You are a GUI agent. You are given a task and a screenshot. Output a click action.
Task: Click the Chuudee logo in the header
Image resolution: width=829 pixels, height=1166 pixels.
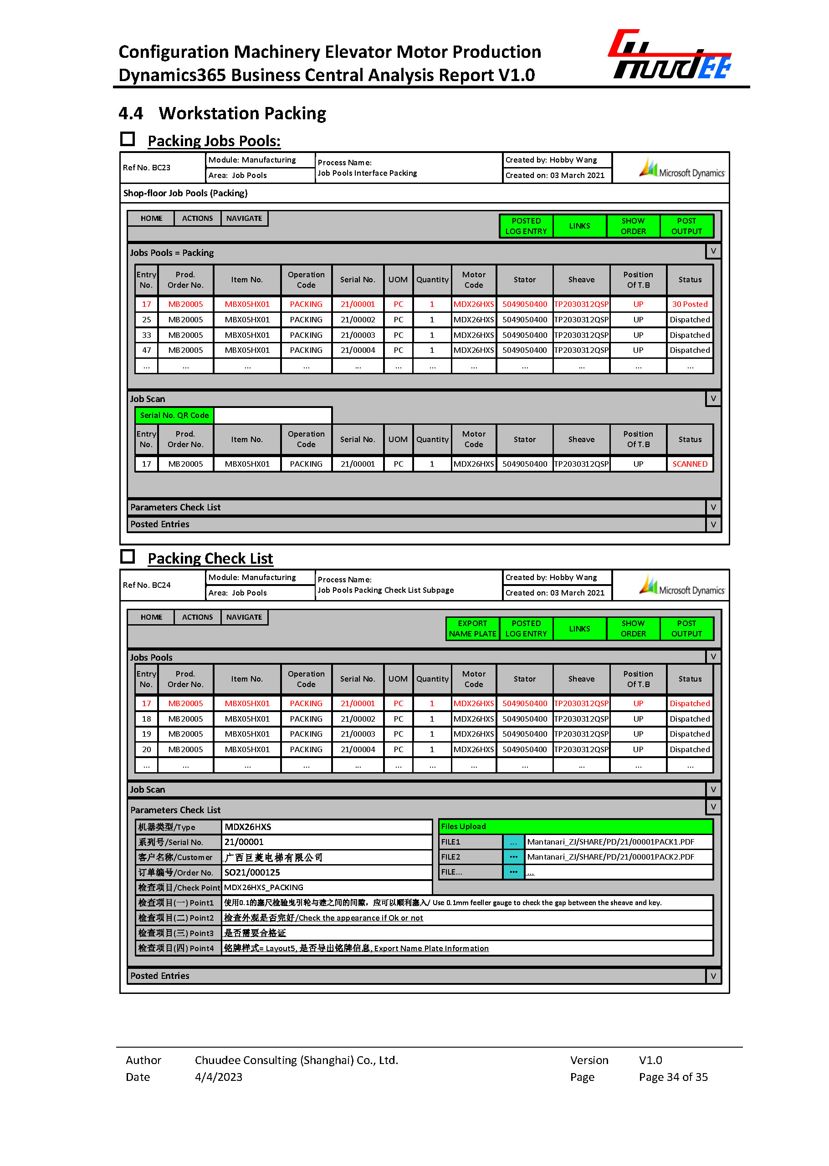click(x=670, y=55)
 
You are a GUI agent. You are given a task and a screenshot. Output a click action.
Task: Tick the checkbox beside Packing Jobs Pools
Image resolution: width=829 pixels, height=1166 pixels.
click(x=128, y=139)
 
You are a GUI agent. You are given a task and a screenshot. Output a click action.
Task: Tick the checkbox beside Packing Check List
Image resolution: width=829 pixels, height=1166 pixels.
click(x=128, y=556)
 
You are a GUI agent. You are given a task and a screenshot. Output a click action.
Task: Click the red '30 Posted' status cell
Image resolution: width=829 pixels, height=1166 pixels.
click(x=690, y=304)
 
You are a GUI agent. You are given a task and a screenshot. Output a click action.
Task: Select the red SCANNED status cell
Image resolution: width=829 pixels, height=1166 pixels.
click(x=690, y=464)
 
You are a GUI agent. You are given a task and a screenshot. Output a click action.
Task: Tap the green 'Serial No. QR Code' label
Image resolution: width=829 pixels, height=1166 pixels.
click(x=174, y=415)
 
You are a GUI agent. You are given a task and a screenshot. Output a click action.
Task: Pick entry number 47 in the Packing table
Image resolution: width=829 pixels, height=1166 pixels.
click(x=147, y=351)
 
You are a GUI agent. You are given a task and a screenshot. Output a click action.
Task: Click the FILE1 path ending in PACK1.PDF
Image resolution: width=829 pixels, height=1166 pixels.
click(x=610, y=842)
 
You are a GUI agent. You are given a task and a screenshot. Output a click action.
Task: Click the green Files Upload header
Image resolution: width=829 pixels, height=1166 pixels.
click(x=576, y=827)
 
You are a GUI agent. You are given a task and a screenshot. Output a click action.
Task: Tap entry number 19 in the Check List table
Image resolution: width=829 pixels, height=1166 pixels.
click(x=147, y=734)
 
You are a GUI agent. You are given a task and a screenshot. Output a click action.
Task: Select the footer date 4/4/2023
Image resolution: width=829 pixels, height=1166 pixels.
click(x=219, y=1077)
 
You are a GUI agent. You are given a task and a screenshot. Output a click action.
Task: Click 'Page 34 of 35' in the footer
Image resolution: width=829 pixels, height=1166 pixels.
click(x=673, y=1077)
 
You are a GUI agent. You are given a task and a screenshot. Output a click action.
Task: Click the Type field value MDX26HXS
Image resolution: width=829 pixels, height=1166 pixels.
click(x=248, y=827)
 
